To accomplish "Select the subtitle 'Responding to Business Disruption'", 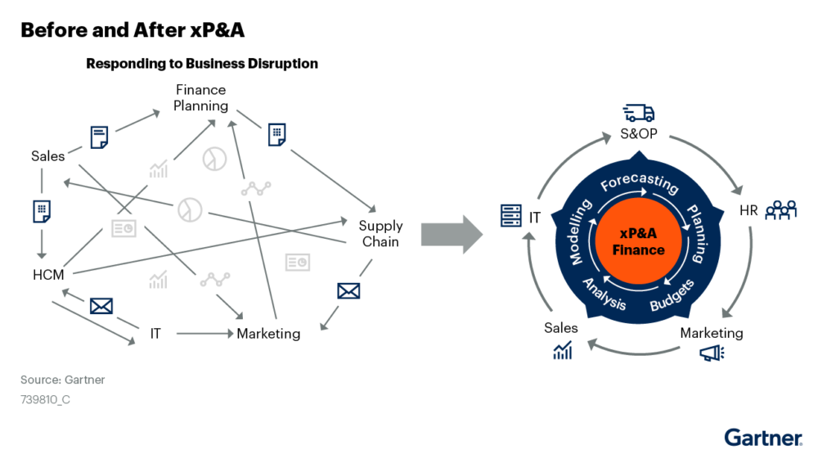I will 202,64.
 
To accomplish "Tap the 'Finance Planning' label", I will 200,97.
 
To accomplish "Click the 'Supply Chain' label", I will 380,233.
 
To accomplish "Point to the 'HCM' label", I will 48,275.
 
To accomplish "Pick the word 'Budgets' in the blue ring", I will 672,295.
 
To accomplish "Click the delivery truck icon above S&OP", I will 638,113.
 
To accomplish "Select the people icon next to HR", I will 780,211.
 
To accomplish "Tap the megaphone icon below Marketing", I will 711,353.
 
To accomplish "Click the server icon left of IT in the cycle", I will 511,217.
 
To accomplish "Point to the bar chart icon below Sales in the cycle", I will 562,351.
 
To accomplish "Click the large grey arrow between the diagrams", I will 452,234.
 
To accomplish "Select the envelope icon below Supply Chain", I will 348,290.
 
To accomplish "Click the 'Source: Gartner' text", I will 63,380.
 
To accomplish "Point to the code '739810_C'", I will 46,401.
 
